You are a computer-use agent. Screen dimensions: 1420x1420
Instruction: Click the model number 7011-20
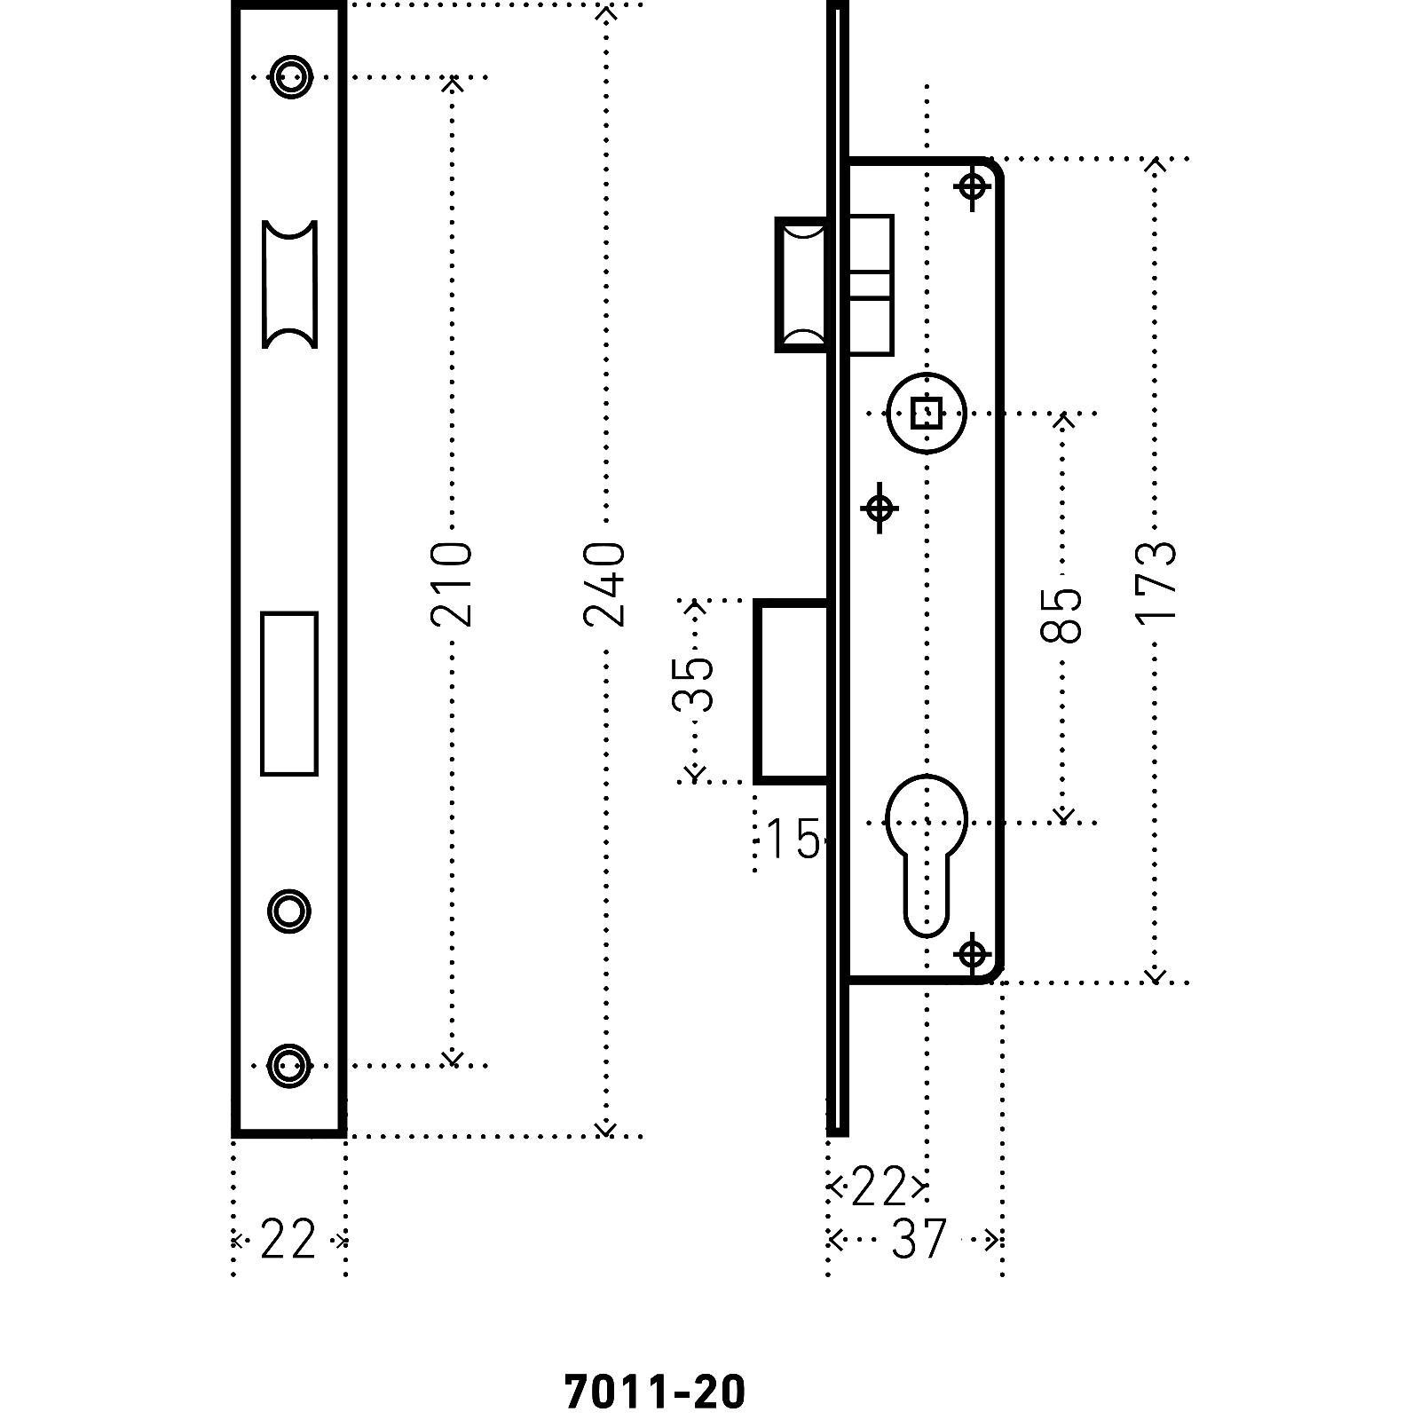pyautogui.click(x=654, y=1392)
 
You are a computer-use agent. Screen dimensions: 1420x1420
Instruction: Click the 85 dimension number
pyautogui.click(x=1061, y=614)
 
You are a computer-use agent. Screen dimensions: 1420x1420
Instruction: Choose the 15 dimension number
pyautogui.click(x=793, y=839)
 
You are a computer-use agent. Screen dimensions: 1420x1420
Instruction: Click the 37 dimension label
pyautogui.click(x=919, y=1240)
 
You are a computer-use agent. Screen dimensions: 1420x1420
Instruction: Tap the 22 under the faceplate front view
pyautogui.click(x=288, y=1240)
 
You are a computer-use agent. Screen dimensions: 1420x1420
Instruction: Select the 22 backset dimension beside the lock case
pyautogui.click(x=878, y=1187)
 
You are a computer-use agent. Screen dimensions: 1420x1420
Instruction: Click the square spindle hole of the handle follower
pyautogui.click(x=927, y=414)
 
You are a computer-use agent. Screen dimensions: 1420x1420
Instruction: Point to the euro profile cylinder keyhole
pyautogui.click(x=926, y=852)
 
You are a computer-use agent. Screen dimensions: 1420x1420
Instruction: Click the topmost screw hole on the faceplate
pyautogui.click(x=290, y=76)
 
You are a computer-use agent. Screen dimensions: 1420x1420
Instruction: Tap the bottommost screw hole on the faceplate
pyautogui.click(x=289, y=1064)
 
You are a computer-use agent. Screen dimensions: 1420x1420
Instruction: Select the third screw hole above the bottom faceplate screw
pyautogui.click(x=289, y=911)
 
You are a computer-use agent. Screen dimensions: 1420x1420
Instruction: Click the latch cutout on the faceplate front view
pyautogui.click(x=289, y=284)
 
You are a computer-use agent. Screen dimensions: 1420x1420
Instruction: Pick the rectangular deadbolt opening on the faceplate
pyautogui.click(x=289, y=693)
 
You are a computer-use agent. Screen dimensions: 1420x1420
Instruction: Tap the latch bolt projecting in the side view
pyautogui.click(x=802, y=284)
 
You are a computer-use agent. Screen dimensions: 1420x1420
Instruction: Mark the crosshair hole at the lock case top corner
pyautogui.click(x=974, y=187)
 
